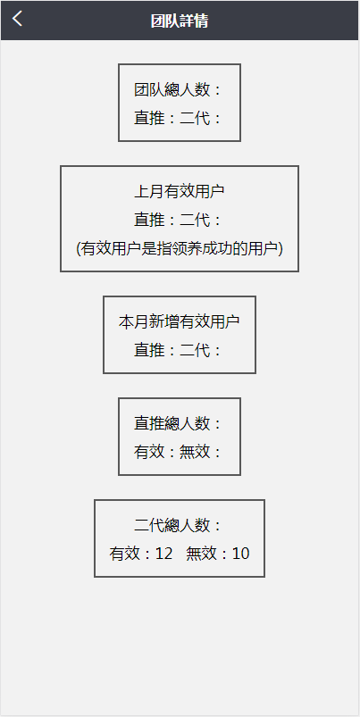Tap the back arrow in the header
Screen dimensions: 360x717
point(17,19)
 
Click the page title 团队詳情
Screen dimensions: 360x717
point(180,21)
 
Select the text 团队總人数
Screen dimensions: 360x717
point(172,89)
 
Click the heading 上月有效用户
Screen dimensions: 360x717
point(180,191)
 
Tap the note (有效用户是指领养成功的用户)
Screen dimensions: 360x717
point(180,248)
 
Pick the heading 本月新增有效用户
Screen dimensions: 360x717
point(180,321)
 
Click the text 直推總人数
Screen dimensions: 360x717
point(172,423)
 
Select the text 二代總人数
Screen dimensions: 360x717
point(172,525)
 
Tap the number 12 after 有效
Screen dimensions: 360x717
point(164,554)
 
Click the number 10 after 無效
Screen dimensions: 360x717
point(240,554)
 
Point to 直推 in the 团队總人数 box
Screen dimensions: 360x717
point(149,118)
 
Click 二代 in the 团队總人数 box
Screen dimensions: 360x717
point(195,118)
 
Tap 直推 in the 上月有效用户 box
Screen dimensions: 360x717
point(149,220)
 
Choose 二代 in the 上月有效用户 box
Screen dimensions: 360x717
point(195,220)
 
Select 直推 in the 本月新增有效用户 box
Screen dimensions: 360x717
point(149,350)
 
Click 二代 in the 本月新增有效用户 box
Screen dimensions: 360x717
point(195,350)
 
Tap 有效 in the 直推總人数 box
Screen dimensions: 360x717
point(149,452)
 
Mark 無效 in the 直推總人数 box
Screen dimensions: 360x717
point(195,452)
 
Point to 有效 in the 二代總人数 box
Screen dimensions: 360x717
point(124,554)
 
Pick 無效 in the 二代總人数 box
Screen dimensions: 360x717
point(201,554)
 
